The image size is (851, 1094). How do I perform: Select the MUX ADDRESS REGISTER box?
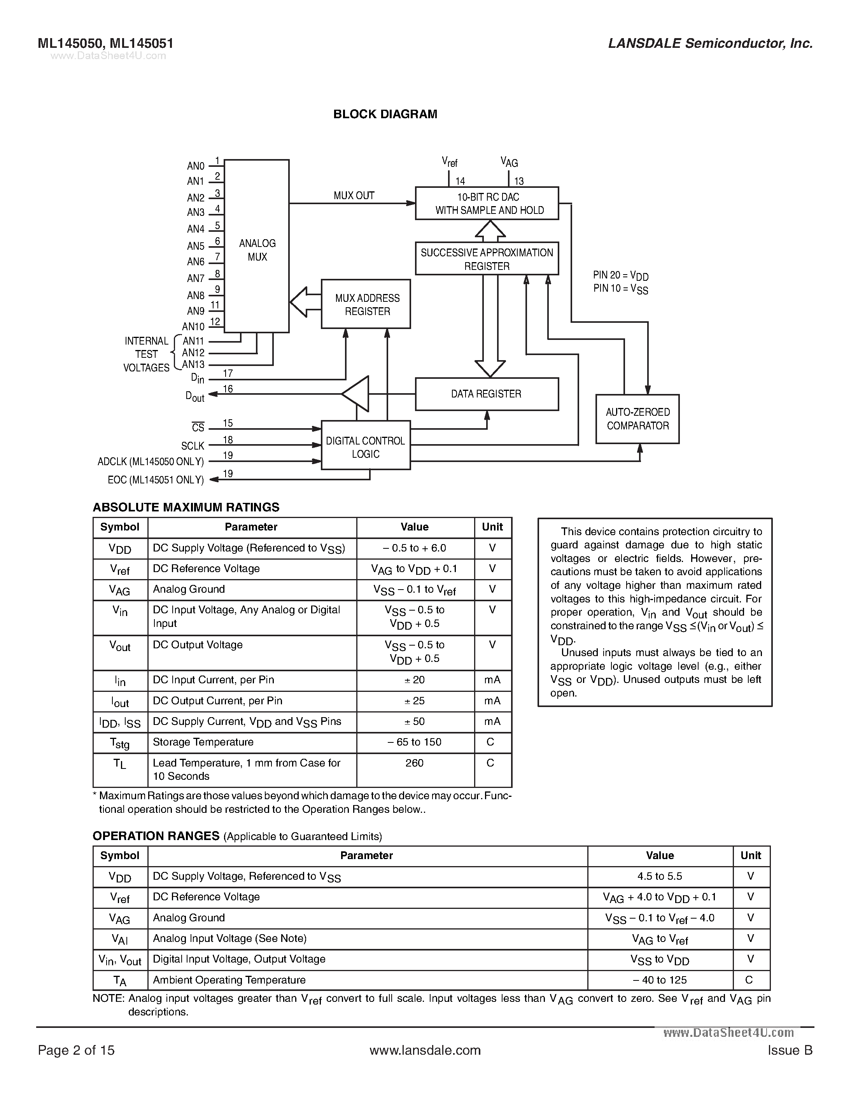tap(366, 304)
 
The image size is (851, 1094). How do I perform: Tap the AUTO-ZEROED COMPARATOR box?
tap(637, 419)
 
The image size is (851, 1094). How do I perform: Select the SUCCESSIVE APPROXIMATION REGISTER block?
tap(486, 259)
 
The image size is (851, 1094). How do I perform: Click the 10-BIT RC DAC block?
tap(486, 203)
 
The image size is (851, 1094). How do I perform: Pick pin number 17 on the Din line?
tap(228, 373)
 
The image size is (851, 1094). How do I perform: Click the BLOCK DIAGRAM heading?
tap(385, 114)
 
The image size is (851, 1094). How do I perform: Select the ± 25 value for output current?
tap(415, 701)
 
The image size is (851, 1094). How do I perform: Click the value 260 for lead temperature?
tap(415, 763)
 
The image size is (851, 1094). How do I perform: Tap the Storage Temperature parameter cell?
tap(203, 742)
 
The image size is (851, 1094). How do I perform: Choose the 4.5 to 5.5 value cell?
tap(660, 876)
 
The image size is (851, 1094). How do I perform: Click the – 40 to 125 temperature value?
tap(660, 980)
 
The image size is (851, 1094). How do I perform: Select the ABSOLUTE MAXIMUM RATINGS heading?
tap(186, 508)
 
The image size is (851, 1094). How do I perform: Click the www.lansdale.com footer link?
tap(425, 1050)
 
